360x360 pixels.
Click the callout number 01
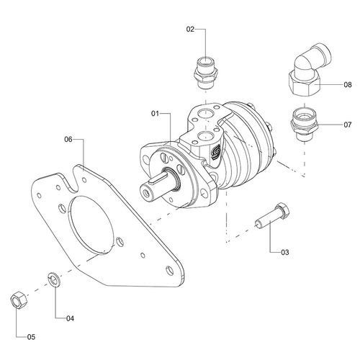tap(156, 113)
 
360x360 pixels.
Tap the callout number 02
tap(191, 30)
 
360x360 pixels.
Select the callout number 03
tap(285, 253)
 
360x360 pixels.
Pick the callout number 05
tap(30, 336)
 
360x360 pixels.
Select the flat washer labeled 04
tap(52, 278)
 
